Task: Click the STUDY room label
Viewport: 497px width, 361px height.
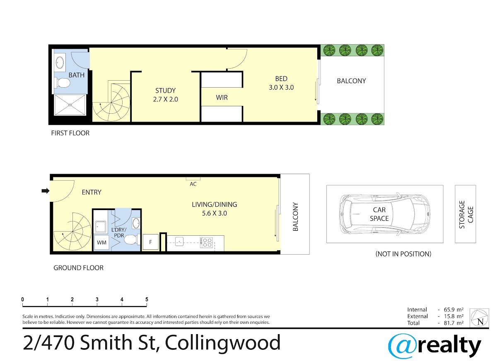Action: pos(165,91)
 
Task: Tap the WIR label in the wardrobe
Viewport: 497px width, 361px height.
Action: pos(222,98)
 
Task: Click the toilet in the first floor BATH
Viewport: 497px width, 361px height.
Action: pos(63,83)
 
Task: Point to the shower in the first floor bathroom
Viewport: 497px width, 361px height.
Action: pos(70,105)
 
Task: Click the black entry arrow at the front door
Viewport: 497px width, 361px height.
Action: pos(46,191)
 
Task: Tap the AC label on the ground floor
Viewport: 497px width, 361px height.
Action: pos(193,184)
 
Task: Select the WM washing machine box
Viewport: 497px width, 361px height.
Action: pos(101,242)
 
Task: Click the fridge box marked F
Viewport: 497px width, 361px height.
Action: pos(150,242)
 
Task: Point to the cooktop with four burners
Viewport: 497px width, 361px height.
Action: pos(207,242)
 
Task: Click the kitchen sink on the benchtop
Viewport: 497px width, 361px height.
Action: pos(179,241)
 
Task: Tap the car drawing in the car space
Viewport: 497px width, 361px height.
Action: pos(384,214)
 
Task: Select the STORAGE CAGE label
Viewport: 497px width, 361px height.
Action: pos(466,215)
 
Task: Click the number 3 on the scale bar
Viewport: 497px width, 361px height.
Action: pos(97,299)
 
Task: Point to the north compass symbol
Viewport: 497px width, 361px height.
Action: pos(480,318)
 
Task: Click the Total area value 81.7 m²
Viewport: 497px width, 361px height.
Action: pos(454,323)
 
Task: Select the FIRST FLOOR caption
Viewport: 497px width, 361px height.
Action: pos(70,133)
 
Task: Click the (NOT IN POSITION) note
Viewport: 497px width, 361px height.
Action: pos(403,254)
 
